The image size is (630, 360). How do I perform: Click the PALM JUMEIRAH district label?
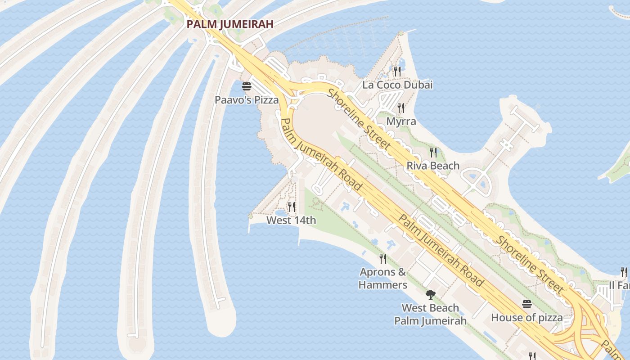[230, 24]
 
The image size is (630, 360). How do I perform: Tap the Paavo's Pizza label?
[247, 100]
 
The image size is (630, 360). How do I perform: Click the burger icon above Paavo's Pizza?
[246, 86]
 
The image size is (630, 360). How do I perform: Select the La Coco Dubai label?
[397, 85]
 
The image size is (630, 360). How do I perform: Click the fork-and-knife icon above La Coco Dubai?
[397, 71]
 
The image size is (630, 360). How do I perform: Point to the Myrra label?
[401, 121]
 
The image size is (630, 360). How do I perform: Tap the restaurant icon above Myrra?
[401, 108]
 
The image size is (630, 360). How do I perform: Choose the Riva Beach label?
[433, 166]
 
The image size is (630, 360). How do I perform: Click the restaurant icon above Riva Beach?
[433, 153]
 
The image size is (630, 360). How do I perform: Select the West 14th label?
[291, 220]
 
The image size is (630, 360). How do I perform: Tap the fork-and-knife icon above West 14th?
[292, 207]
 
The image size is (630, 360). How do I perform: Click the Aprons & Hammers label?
[383, 278]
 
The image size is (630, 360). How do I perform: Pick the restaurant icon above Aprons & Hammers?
[383, 259]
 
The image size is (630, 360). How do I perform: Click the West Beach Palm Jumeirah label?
[430, 314]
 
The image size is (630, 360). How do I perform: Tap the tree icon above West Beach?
[431, 295]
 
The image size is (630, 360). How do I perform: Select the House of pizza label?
[526, 318]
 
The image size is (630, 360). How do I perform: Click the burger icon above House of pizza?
[527, 304]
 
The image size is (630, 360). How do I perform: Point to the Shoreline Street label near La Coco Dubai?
[359, 119]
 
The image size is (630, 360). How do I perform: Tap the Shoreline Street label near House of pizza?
[529, 263]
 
